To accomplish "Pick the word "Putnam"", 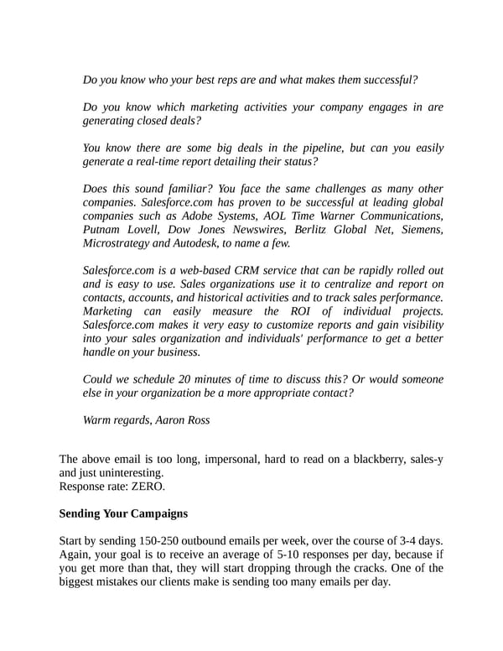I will (x=104, y=230).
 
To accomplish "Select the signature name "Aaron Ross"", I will (x=183, y=419).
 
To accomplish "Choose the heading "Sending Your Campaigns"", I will (x=122, y=513).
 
